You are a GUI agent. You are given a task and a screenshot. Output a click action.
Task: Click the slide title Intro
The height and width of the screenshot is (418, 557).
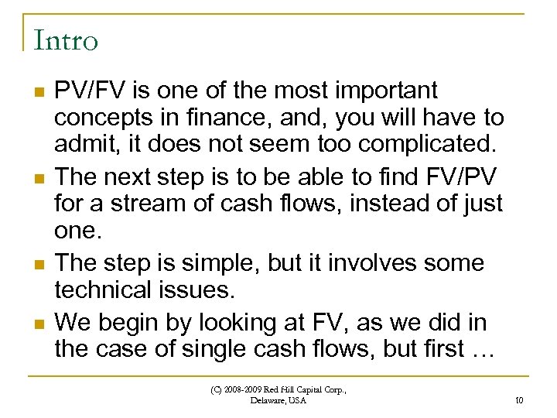point(66,39)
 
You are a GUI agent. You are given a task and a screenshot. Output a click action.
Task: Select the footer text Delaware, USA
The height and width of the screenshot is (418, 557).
point(278,400)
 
